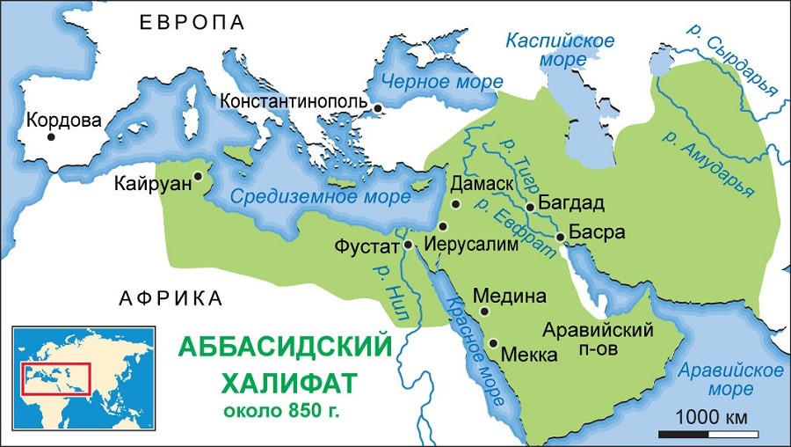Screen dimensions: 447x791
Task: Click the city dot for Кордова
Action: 52,136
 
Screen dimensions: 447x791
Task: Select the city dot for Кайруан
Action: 198,176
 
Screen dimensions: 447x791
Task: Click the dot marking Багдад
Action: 530,208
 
